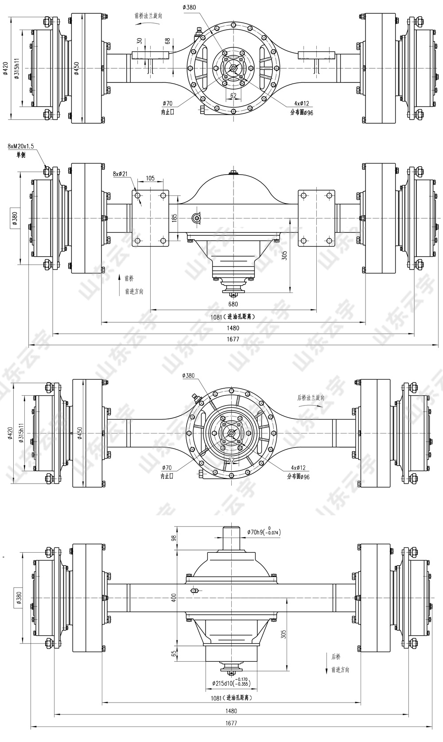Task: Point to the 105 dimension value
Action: [150, 178]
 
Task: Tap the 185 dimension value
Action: [174, 218]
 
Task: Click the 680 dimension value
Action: [233, 304]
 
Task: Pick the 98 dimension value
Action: [174, 538]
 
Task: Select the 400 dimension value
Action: [174, 598]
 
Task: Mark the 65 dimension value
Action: [174, 653]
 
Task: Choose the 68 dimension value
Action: [167, 41]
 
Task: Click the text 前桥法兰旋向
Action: [148, 16]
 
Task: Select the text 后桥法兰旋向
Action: [311, 398]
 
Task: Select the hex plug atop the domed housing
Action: [233, 172]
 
